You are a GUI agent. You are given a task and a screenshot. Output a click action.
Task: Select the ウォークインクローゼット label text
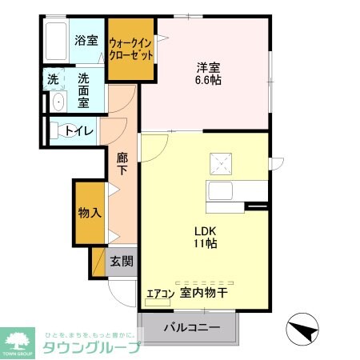(130, 49)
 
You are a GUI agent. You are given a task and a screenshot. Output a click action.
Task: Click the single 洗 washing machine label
(52, 80)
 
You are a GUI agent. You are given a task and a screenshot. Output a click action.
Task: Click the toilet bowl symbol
(58, 130)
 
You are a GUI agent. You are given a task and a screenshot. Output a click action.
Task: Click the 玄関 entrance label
(122, 261)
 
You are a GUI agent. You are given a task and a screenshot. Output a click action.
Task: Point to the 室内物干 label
(204, 294)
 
